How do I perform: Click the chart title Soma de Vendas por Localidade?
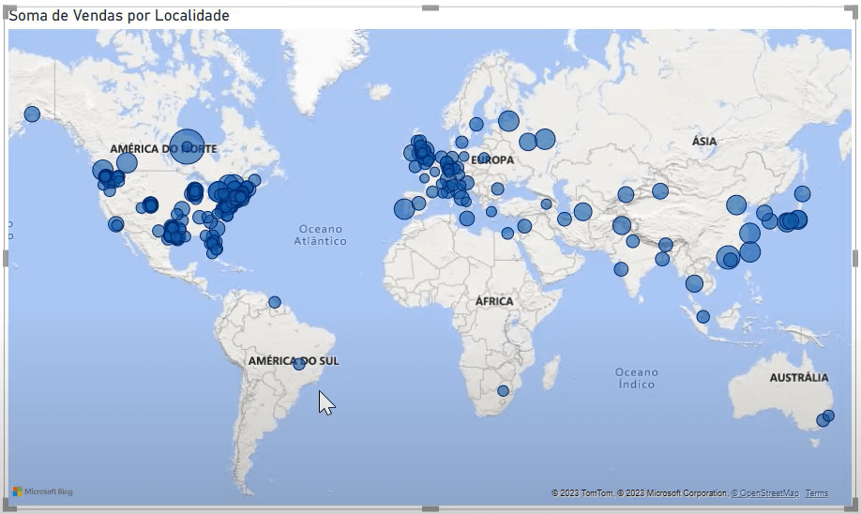tap(118, 16)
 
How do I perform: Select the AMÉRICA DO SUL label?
tap(294, 361)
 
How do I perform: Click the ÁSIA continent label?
tap(704, 142)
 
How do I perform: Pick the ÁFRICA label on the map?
tap(494, 301)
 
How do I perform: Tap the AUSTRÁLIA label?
tap(799, 378)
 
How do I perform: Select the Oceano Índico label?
tap(637, 378)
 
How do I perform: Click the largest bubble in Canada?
tap(187, 146)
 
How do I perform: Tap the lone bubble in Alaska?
tap(32, 114)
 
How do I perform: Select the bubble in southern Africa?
tap(503, 391)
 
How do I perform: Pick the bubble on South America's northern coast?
tap(275, 302)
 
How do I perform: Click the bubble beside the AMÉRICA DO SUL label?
tap(299, 364)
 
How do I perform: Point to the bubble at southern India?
tap(621, 269)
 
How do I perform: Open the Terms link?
tap(816, 493)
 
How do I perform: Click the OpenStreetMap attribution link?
tap(764, 493)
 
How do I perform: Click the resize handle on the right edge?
tap(854, 258)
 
